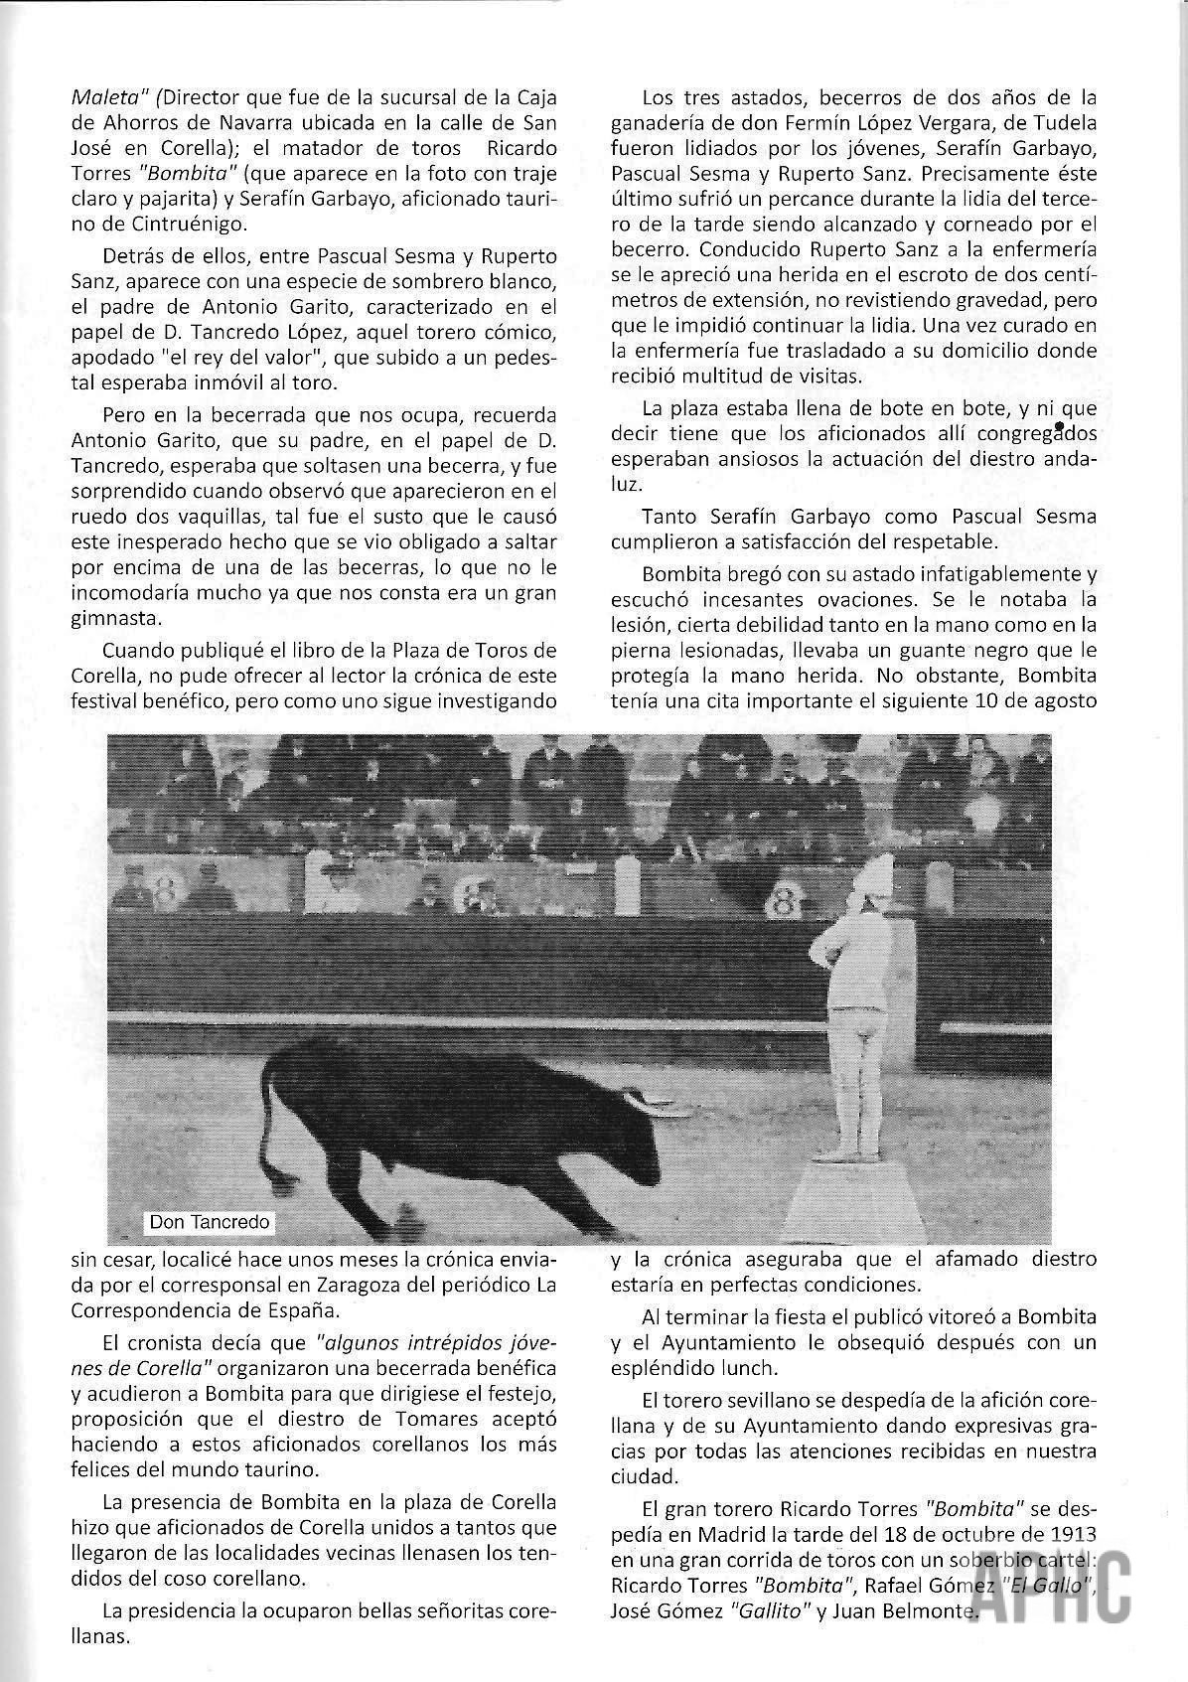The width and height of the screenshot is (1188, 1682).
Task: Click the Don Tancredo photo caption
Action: coord(209,1221)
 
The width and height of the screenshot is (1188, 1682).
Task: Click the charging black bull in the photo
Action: coord(467,1123)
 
